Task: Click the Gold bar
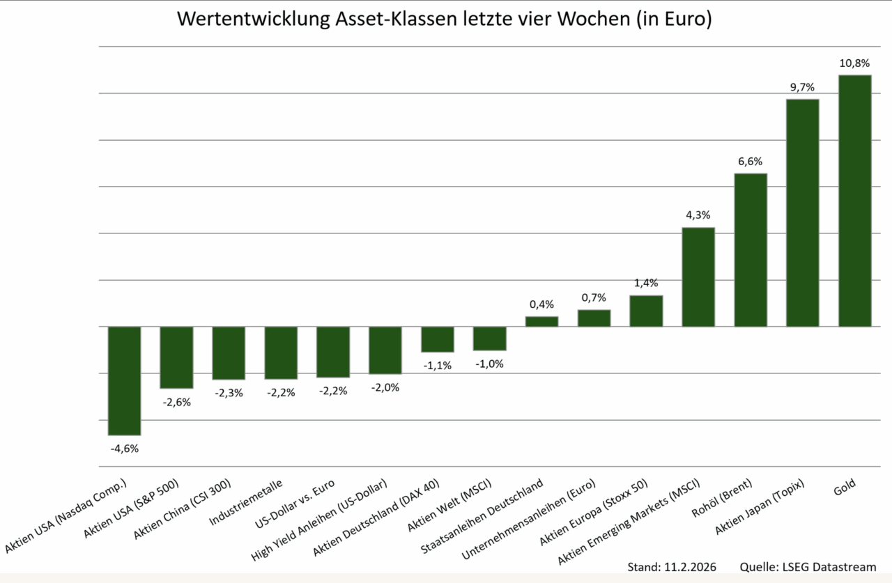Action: (854, 201)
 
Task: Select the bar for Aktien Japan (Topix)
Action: (802, 212)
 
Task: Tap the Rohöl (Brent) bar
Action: (751, 249)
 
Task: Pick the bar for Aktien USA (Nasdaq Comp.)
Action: (124, 380)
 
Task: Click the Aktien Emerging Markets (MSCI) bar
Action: (698, 277)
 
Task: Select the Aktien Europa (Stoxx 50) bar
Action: (646, 311)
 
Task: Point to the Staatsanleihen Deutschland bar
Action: (541, 321)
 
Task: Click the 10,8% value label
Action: (854, 63)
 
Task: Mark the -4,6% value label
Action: (124, 449)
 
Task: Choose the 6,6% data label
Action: (751, 162)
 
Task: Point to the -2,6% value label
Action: (176, 402)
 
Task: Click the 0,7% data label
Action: (594, 297)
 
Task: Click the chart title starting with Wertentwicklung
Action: (444, 19)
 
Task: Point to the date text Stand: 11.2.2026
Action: (672, 566)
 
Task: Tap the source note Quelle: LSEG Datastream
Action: (807, 566)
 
